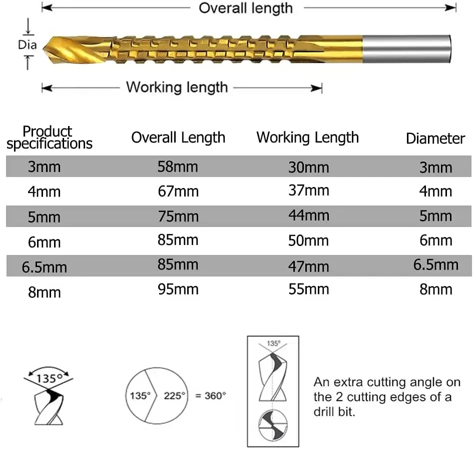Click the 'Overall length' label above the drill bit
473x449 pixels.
[245, 8]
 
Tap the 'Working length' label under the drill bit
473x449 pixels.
[177, 87]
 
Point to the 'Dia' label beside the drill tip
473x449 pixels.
[27, 45]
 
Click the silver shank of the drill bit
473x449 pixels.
[406, 48]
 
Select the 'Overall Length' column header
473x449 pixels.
[178, 138]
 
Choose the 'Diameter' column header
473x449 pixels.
[435, 138]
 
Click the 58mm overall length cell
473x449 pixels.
[178, 166]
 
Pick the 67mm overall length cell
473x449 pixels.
[178, 191]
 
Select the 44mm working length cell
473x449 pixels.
[308, 215]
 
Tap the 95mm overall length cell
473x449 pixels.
[178, 289]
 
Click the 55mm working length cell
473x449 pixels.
[308, 289]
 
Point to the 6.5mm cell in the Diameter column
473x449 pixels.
[435, 264]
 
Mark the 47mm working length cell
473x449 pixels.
[308, 265]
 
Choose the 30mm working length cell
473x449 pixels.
[308, 167]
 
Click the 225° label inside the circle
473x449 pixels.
[175, 395]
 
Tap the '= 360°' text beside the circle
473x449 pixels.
[210, 395]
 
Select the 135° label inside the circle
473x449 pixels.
[140, 395]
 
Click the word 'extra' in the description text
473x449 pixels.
[344, 382]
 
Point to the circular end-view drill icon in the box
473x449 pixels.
[273, 426]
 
